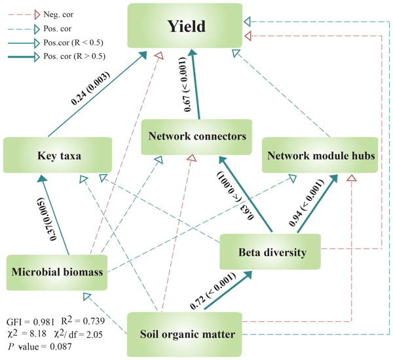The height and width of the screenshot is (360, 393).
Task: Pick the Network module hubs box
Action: tap(320, 154)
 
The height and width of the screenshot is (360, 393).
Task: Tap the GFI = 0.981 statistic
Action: tap(30, 322)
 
